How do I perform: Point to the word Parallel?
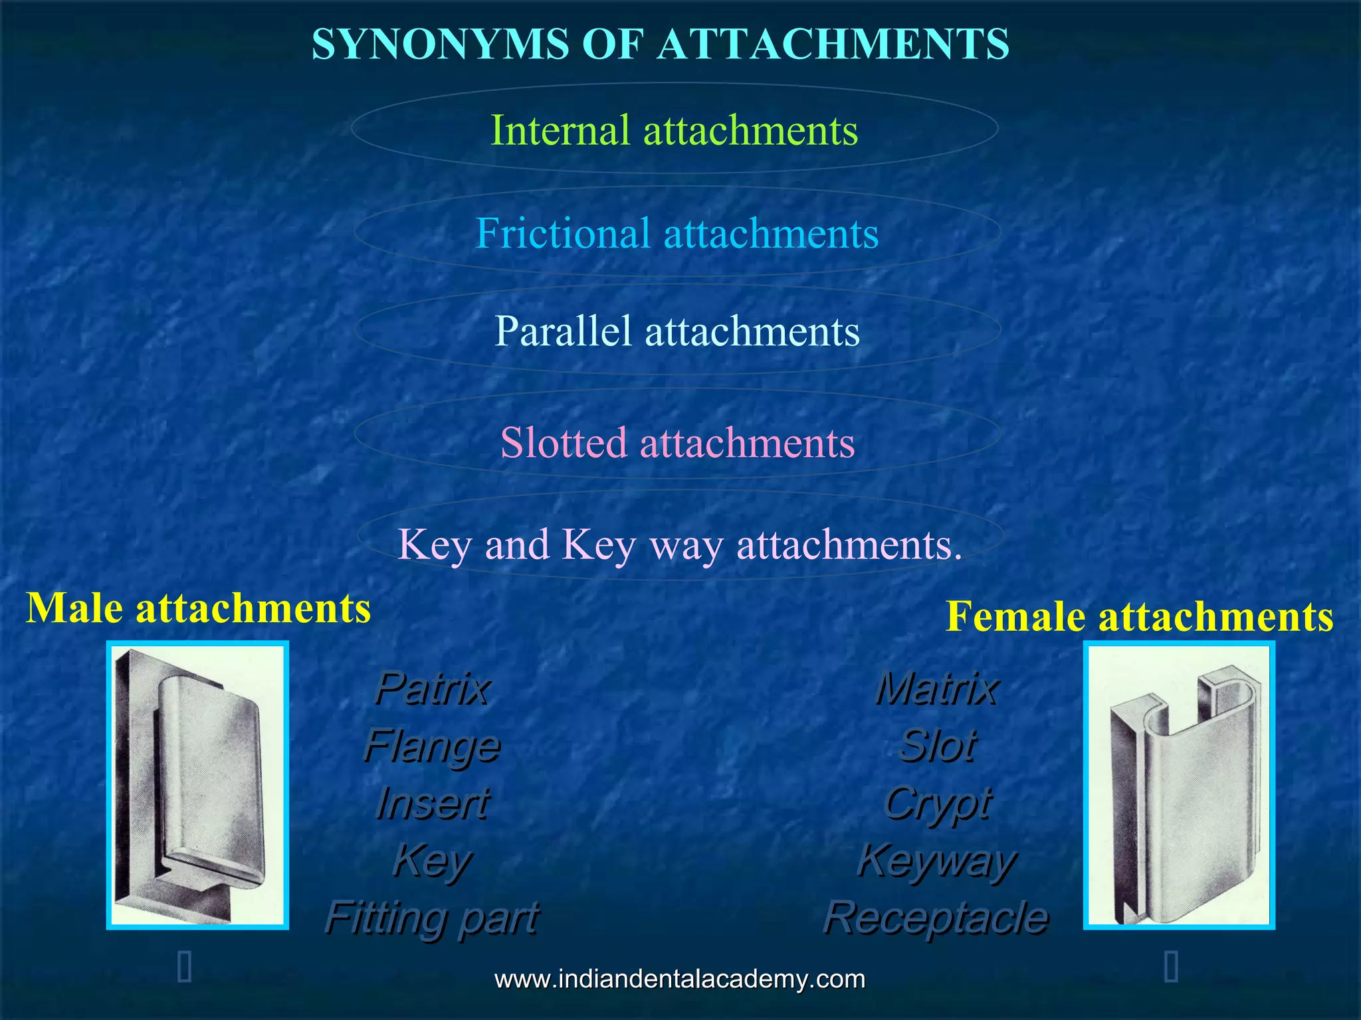562,331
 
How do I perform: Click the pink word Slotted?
563,442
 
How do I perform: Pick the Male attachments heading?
198,608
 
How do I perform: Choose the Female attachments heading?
1139,616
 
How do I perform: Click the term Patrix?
432,689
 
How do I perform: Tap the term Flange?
432,746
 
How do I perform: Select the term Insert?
432,803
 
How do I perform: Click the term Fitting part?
432,918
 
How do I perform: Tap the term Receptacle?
936,918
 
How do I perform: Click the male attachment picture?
197,785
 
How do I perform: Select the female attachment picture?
1179,785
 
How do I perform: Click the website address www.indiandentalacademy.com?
680,979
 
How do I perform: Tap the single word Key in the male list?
432,861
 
